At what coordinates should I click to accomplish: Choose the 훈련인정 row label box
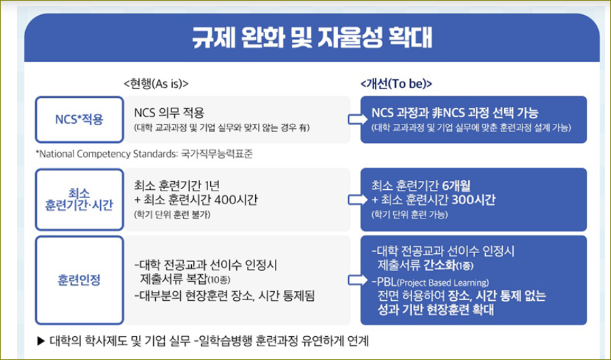[x=79, y=279]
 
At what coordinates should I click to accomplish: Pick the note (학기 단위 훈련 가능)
[x=409, y=214]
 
